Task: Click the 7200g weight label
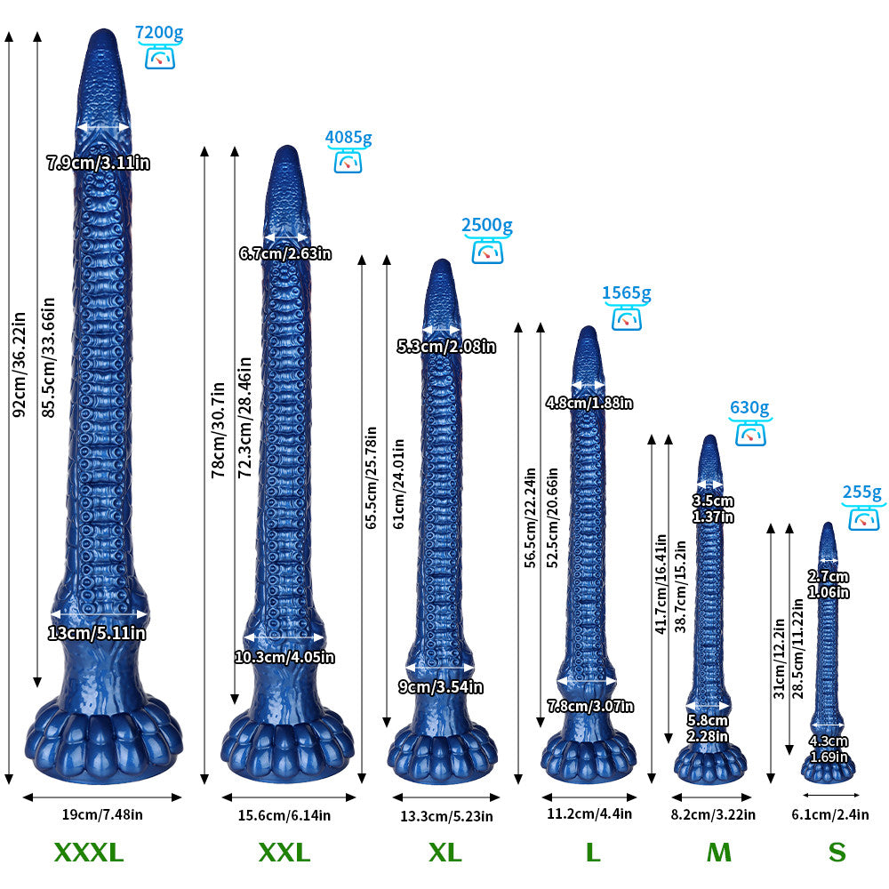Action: click(x=159, y=33)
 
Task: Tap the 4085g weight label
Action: click(x=348, y=137)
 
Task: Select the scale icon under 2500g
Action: click(x=487, y=252)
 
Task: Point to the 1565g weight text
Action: click(x=627, y=292)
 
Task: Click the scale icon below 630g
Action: click(x=750, y=434)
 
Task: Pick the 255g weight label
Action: click(x=861, y=493)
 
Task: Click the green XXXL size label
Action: click(x=89, y=853)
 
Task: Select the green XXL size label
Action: click(x=284, y=853)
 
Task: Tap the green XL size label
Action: click(x=445, y=853)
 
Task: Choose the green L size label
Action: click(x=593, y=853)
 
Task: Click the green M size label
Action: click(x=719, y=853)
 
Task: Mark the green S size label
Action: click(x=837, y=853)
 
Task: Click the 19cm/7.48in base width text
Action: click(x=102, y=814)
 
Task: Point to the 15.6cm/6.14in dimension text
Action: click(x=284, y=815)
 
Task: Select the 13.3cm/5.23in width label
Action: click(x=446, y=816)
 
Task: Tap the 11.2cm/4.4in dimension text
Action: click(x=589, y=813)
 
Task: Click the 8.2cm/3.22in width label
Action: click(x=713, y=814)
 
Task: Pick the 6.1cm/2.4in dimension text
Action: click(x=830, y=814)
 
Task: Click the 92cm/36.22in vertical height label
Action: click(x=20, y=364)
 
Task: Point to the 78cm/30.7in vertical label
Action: click(x=219, y=429)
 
